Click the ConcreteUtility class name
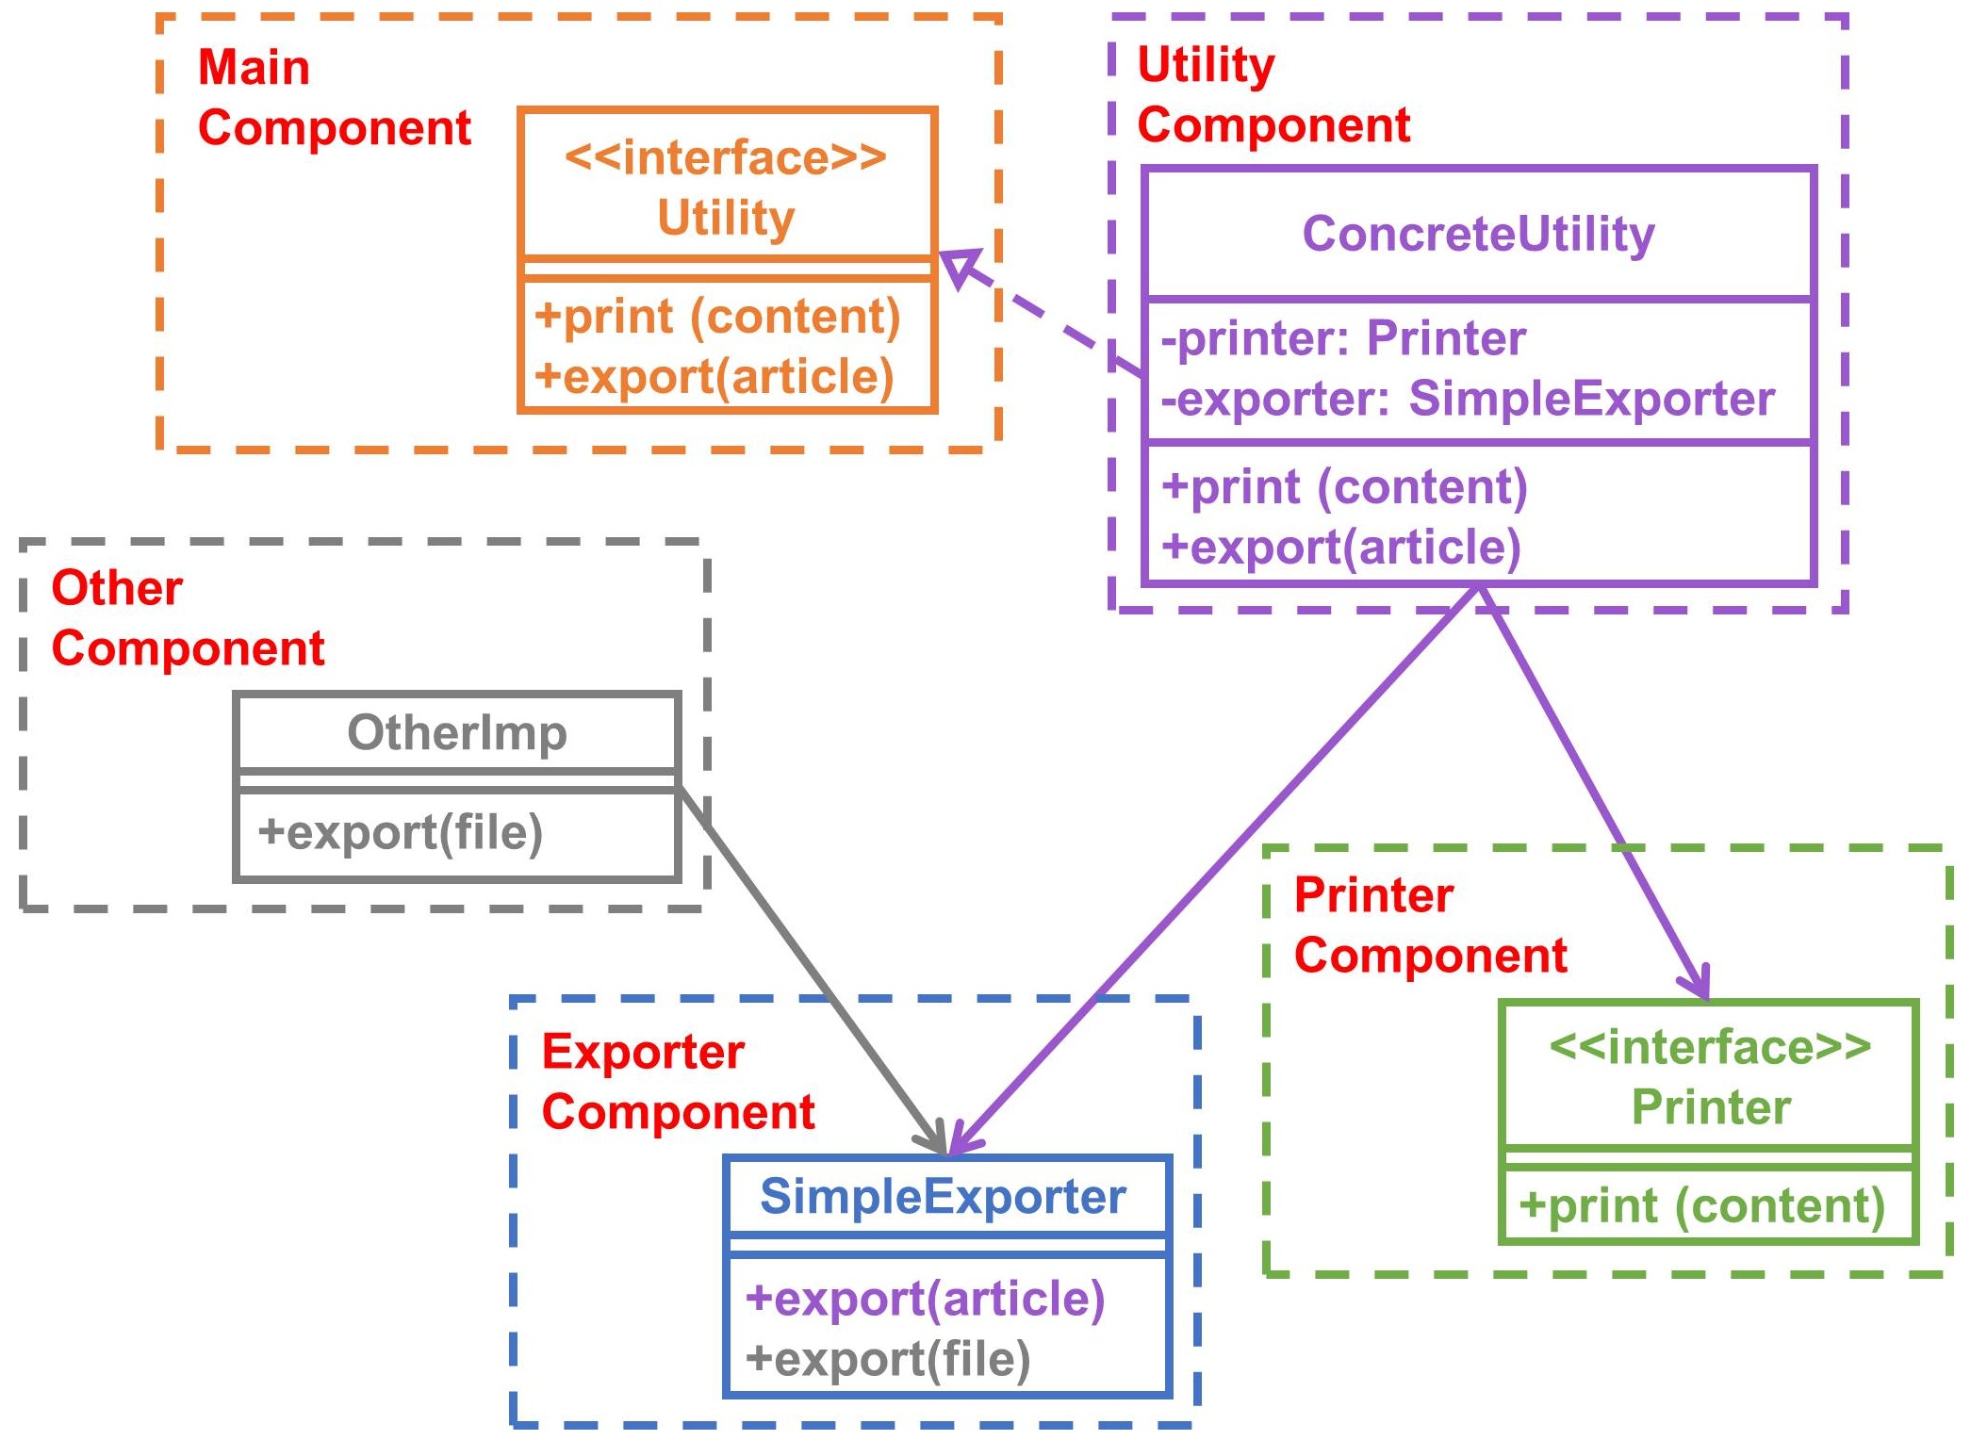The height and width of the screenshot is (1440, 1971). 1478,234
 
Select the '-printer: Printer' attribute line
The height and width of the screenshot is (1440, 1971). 1343,338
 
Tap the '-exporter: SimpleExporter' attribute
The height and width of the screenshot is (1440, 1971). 1468,399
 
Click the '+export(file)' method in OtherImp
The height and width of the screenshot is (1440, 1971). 401,832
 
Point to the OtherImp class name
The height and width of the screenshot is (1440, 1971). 457,732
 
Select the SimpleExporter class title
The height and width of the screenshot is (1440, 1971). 944,1197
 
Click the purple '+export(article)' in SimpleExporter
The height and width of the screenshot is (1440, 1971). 925,1299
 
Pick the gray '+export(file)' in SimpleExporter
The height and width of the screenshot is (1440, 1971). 888,1359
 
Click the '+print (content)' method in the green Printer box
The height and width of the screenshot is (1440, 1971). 1702,1206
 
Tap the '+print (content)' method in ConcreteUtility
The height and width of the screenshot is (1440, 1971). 1344,487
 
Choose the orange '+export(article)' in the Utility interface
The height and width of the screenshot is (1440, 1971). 714,377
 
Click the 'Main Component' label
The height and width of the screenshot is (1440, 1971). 334,97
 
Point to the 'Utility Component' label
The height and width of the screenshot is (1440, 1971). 1273,94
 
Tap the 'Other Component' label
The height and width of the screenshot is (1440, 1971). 188,618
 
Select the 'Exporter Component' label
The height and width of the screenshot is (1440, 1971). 678,1082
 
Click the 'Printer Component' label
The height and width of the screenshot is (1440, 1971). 1430,925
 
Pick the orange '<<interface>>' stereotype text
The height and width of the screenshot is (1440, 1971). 726,157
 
